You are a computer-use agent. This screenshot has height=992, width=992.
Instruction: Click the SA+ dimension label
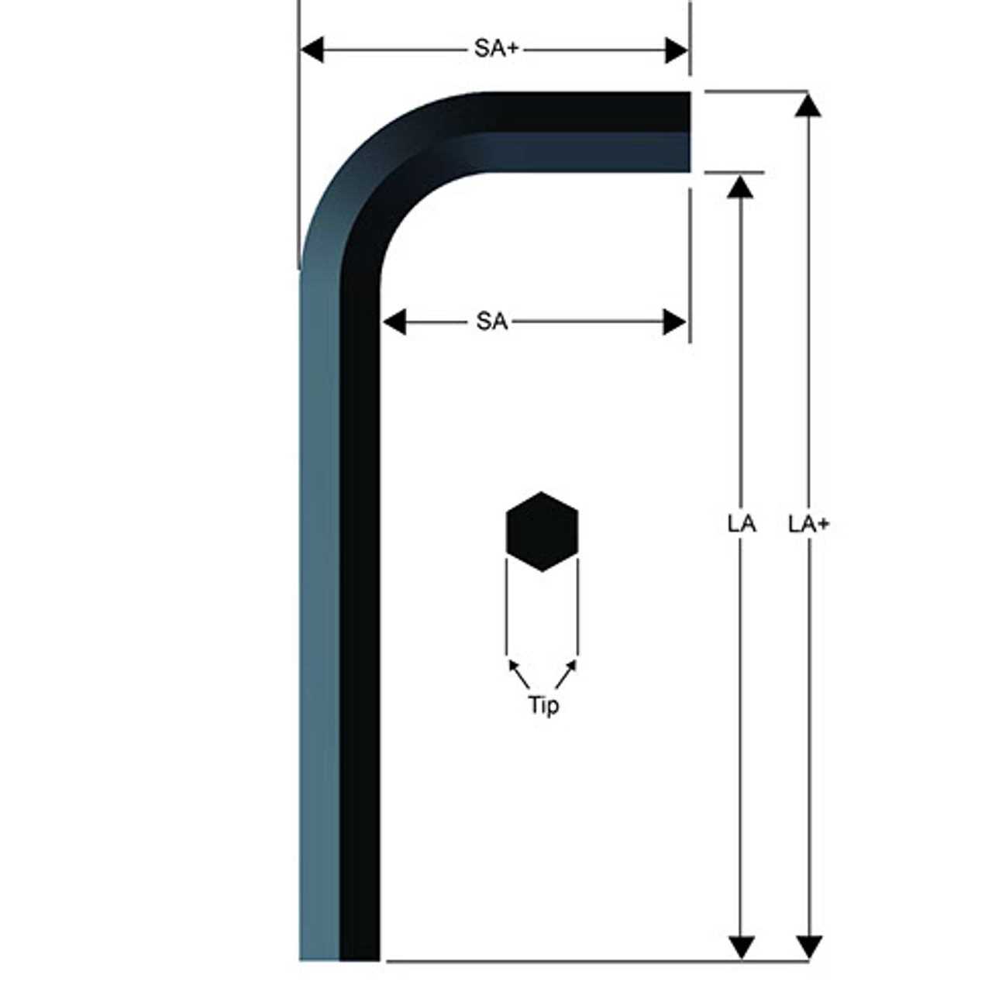pos(496,49)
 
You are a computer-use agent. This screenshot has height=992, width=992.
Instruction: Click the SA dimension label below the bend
pos(492,321)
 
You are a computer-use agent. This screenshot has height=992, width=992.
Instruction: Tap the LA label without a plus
pos(742,524)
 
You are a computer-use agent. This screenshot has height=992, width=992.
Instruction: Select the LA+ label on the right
pos(808,524)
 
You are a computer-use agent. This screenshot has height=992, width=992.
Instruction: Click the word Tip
pos(542,705)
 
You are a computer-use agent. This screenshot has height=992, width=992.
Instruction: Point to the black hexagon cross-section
pos(542,532)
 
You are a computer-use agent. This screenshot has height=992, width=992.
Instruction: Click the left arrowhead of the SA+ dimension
pos(312,50)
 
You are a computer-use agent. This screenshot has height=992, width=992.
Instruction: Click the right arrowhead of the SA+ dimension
pos(677,50)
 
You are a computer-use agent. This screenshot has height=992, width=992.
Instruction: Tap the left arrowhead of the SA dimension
pos(394,321)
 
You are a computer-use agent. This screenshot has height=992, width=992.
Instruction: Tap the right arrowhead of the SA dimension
pos(675,321)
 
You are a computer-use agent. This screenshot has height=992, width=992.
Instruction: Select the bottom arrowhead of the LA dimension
pos(742,947)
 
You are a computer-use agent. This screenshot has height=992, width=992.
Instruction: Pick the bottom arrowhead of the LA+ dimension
pos(809,947)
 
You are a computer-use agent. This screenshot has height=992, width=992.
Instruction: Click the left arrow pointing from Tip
pos(515,667)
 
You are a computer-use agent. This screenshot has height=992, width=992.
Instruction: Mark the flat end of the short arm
pos(688,132)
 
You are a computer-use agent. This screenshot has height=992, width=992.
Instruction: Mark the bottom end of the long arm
pos(339,958)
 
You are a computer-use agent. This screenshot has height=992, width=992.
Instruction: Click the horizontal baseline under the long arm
pos(597,961)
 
